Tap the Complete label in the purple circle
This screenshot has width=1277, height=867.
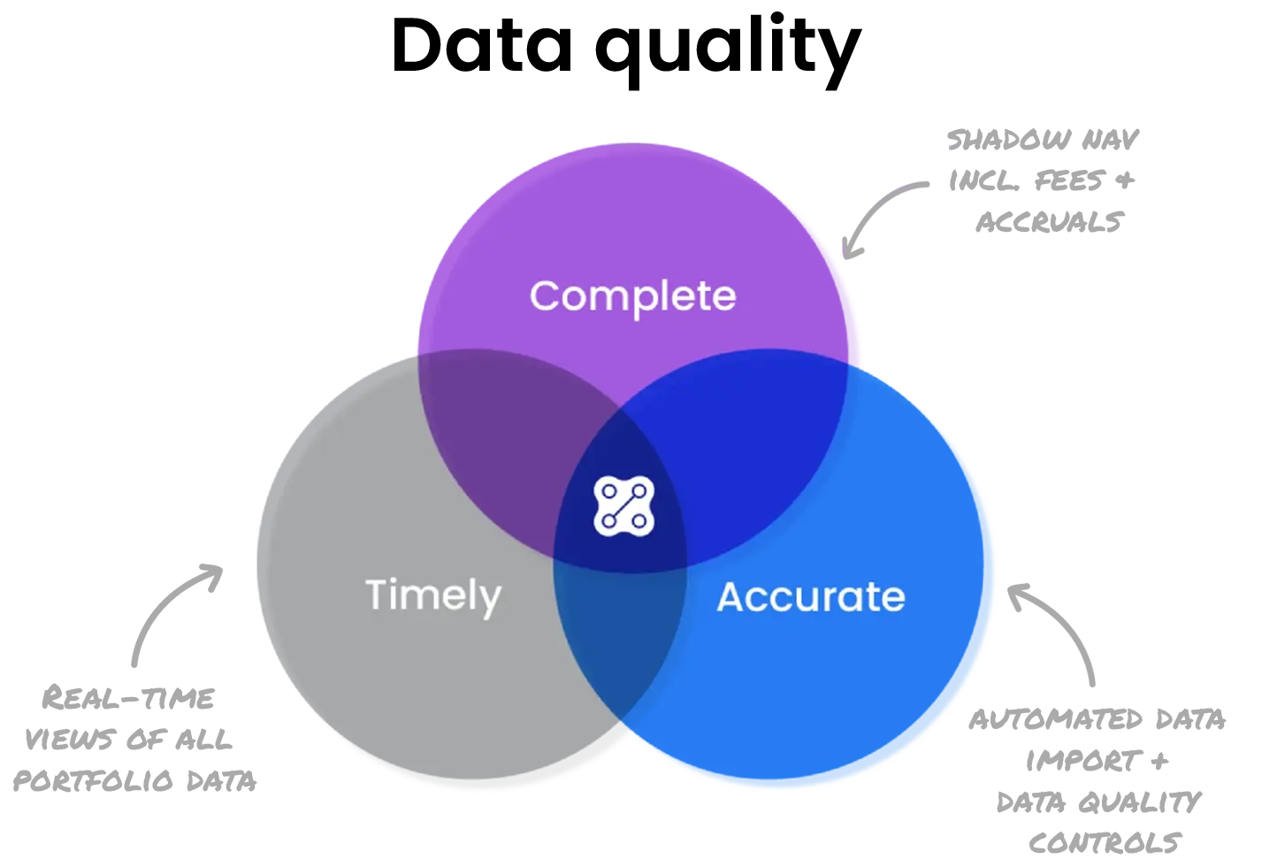(x=632, y=295)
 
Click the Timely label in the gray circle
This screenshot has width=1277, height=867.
(x=433, y=595)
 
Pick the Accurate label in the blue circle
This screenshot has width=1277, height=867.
(x=811, y=597)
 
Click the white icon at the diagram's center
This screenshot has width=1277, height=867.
(x=623, y=506)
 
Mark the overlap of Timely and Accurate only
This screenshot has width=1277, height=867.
(x=619, y=637)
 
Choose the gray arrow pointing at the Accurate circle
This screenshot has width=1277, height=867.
(x=1057, y=628)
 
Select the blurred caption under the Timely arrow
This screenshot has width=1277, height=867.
(x=133, y=739)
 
